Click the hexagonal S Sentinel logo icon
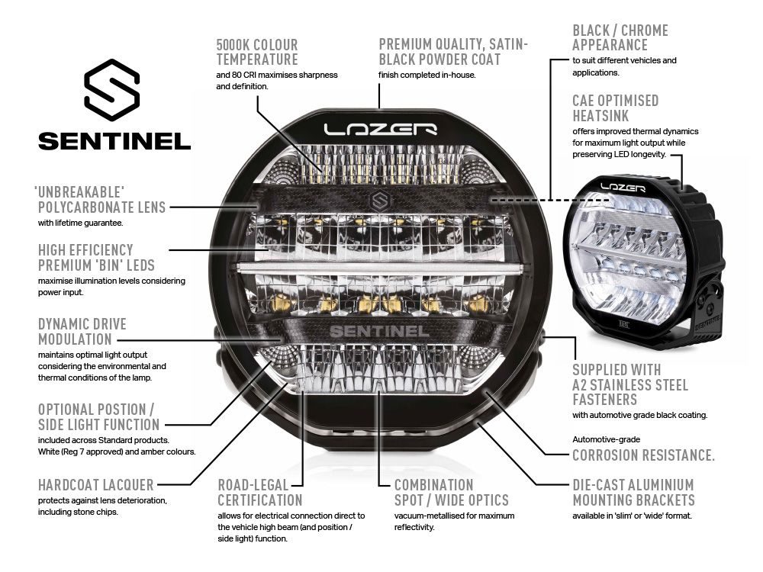coord(112,90)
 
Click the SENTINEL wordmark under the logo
coord(114,141)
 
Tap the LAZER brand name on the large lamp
coord(379,129)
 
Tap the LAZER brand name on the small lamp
coord(623,185)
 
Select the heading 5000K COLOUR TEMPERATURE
coord(256,52)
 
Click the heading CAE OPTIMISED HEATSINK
coord(615,108)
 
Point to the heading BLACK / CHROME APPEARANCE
coord(620,37)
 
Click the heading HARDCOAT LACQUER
coord(96,484)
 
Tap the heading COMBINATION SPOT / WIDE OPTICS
coord(451,492)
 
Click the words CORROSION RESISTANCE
coord(643,455)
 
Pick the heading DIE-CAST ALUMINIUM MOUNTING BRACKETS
coord(633,492)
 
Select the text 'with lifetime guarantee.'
coord(80,223)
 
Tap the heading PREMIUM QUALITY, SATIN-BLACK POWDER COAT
coord(452,52)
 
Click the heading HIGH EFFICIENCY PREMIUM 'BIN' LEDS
coord(96,257)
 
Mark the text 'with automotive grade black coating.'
coord(639,415)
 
